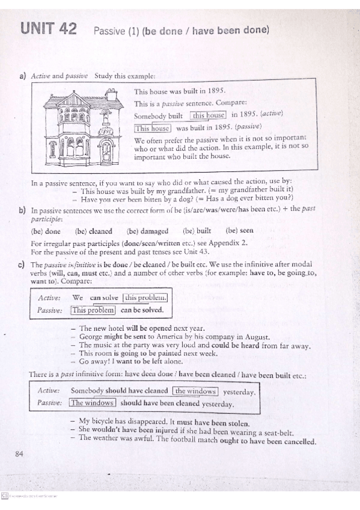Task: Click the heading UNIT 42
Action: [x=48, y=28]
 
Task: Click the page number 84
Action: [x=19, y=453]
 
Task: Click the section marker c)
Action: [x=22, y=265]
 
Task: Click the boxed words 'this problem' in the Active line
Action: [x=145, y=298]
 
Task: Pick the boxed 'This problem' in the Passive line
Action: [x=93, y=310]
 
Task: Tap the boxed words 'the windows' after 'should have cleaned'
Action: [x=195, y=391]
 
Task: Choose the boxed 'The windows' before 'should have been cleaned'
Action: [x=92, y=403]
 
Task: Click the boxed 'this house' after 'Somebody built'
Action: [x=208, y=115]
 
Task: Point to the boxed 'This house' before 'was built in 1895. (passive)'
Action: [x=153, y=127]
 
